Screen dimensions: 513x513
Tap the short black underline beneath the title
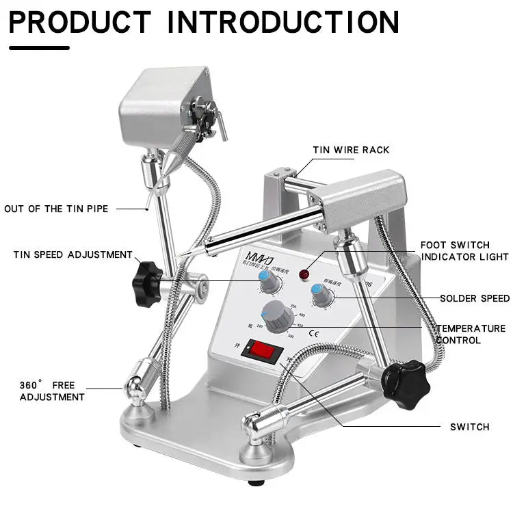tap(39, 47)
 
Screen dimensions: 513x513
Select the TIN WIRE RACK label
tap(351, 150)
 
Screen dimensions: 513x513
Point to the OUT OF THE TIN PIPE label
tap(56, 209)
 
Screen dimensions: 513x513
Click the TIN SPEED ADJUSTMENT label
tap(73, 254)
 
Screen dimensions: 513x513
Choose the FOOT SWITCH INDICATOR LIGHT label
tap(464, 250)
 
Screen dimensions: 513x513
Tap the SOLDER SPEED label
tap(475, 298)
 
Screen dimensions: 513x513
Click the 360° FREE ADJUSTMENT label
tap(52, 391)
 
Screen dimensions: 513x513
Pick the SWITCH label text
tap(469, 427)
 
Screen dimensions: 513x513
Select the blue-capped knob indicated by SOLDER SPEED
tap(321, 295)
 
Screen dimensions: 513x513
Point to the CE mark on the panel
tap(314, 334)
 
